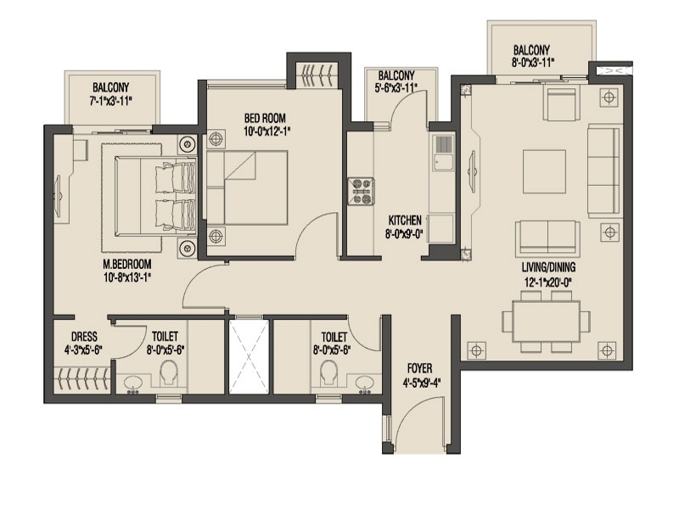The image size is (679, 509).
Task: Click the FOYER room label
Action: (x=419, y=368)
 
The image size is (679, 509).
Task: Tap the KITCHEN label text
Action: (x=405, y=220)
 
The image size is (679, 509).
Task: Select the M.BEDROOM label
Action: (x=127, y=264)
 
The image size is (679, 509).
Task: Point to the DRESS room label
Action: (x=84, y=337)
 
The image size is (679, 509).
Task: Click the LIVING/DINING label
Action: (x=548, y=266)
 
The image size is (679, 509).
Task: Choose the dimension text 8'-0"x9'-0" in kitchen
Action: (x=405, y=234)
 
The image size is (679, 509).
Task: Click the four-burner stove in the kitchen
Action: (x=362, y=191)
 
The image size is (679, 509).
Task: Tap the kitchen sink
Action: (x=443, y=152)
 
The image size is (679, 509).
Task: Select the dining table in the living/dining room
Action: (x=547, y=321)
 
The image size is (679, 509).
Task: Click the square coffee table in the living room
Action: (x=544, y=171)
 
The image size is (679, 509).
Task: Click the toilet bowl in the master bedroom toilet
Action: (x=169, y=373)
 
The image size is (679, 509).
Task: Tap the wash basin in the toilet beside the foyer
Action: (x=365, y=383)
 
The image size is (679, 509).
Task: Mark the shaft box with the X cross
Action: (x=249, y=357)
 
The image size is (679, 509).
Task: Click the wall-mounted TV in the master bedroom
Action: (x=59, y=196)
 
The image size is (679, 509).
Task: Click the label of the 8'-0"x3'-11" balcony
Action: (x=532, y=56)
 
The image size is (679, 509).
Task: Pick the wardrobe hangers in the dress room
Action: (x=82, y=379)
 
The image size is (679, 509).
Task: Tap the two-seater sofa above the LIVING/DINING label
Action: (x=547, y=238)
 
